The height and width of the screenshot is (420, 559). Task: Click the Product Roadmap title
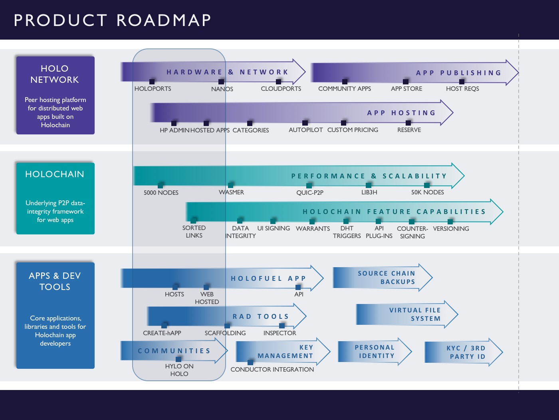[x=112, y=20]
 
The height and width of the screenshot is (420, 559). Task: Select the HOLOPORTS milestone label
[x=153, y=89]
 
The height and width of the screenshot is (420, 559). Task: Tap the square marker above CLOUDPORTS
[x=279, y=82]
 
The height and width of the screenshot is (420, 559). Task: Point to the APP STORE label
[x=406, y=89]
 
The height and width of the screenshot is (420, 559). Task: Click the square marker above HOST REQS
[x=462, y=82]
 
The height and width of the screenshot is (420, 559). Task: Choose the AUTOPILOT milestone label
[x=305, y=130]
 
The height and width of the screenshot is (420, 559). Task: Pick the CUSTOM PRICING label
[x=353, y=130]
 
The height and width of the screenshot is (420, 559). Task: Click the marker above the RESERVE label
[x=408, y=123]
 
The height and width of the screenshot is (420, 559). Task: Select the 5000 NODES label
[x=161, y=193]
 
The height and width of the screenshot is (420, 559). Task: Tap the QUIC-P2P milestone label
[x=310, y=193]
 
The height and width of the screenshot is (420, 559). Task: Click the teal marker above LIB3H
[x=369, y=185]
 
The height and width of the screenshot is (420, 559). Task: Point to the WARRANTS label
[x=313, y=229]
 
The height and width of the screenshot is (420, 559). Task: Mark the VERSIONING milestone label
[x=451, y=229]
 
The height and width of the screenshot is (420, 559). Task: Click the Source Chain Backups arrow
[x=383, y=278]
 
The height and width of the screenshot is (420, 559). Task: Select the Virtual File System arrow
[x=407, y=314]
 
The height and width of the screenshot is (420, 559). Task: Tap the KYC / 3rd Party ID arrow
[x=464, y=352]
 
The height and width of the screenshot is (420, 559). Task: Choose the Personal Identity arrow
[x=375, y=352]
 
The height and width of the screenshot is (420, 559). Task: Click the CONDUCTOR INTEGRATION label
[x=272, y=370]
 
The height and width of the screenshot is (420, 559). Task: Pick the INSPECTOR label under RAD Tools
[x=279, y=333]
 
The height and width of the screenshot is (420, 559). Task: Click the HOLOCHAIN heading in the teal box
[x=55, y=174]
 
